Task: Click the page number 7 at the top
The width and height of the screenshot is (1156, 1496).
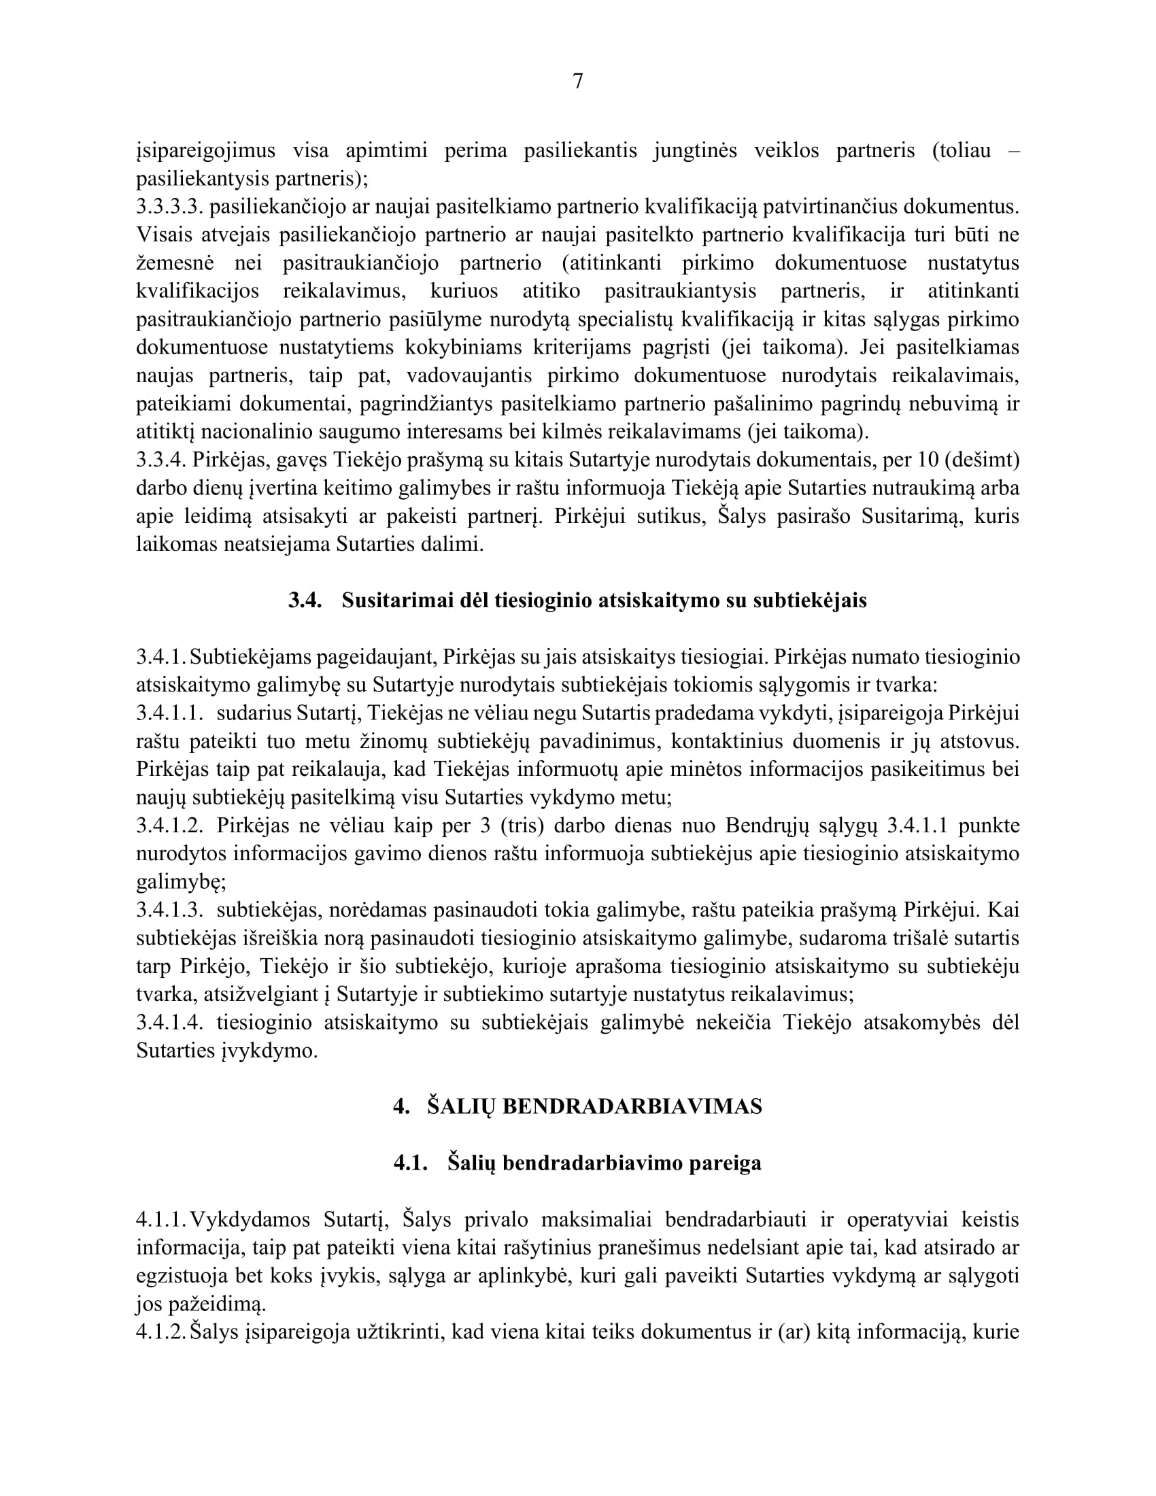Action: (577, 82)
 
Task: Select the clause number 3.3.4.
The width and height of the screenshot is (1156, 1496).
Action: (161, 460)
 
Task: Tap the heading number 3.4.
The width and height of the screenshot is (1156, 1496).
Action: (305, 600)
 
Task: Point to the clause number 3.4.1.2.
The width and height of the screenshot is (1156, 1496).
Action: (170, 826)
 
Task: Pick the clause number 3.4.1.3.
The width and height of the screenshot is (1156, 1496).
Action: (170, 911)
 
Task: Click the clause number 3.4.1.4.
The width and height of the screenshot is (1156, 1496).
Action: (170, 1023)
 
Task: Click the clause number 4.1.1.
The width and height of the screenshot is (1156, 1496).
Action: (161, 1220)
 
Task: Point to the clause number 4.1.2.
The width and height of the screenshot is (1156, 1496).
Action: (161, 1332)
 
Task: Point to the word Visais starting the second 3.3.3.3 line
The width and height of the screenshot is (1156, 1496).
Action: (161, 235)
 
